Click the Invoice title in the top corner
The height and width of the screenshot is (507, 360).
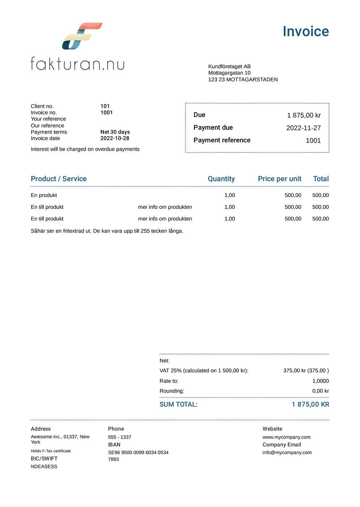pyautogui.click(x=306, y=32)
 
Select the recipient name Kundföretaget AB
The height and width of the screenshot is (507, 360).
pyautogui.click(x=229, y=66)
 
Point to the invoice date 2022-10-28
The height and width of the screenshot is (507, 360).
pyautogui.click(x=115, y=138)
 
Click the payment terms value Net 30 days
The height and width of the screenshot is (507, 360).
pyautogui.click(x=115, y=132)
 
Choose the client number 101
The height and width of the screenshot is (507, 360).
pyautogui.click(x=105, y=106)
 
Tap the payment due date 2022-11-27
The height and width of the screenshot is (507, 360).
pyautogui.click(x=303, y=128)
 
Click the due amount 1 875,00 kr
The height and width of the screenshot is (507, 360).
pyautogui.click(x=304, y=115)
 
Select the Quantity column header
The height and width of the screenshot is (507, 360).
pyautogui.click(x=221, y=179)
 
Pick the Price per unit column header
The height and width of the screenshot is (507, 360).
pyautogui.click(x=279, y=179)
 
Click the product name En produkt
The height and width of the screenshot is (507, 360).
pyautogui.click(x=44, y=195)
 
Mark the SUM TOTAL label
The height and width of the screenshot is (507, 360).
pyautogui.click(x=178, y=405)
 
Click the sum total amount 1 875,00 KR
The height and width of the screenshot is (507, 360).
pyautogui.click(x=310, y=405)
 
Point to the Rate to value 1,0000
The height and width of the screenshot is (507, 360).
pyautogui.click(x=321, y=381)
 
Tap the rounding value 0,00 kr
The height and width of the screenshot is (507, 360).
pyautogui.click(x=321, y=391)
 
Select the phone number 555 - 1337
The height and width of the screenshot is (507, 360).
pyautogui.click(x=119, y=437)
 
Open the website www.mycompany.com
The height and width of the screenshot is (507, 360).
pyautogui.click(x=286, y=437)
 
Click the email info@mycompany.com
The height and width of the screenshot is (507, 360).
pyautogui.click(x=287, y=452)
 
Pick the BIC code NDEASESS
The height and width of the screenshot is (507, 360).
pyautogui.click(x=44, y=466)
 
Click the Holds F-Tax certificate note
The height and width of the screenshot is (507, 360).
pyautogui.click(x=51, y=451)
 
